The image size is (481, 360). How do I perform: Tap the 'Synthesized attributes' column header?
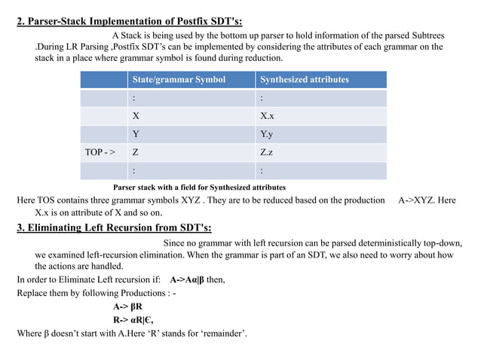(303, 79)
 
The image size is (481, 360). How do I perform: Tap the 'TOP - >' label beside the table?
(100, 152)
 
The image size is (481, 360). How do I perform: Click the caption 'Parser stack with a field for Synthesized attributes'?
(198, 186)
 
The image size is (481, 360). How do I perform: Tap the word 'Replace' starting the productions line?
(33, 293)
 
